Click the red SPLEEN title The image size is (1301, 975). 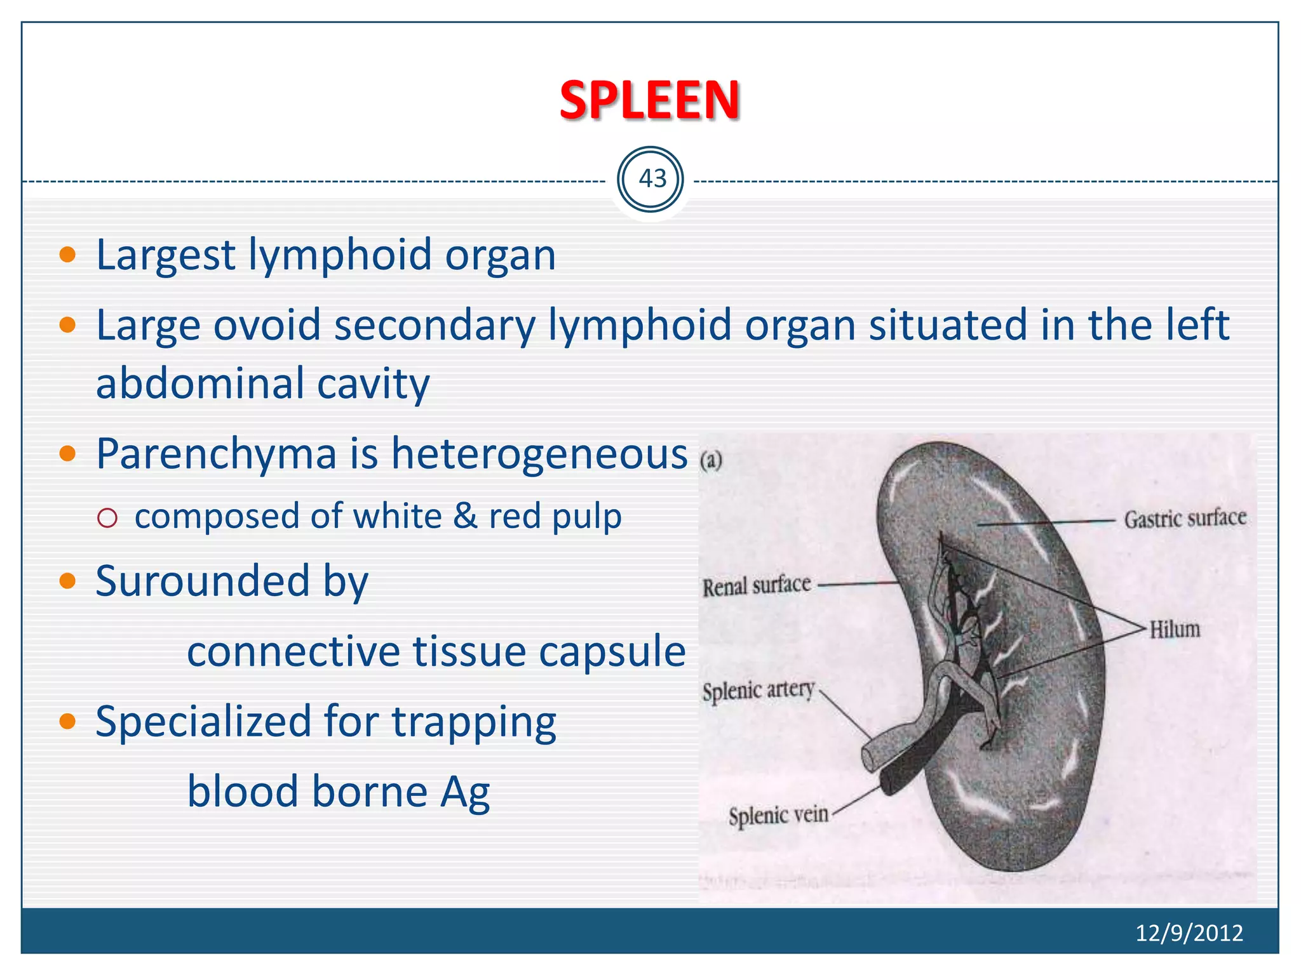pyautogui.click(x=649, y=100)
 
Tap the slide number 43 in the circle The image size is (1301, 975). pyautogui.click(x=652, y=179)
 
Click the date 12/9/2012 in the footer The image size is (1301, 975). pyautogui.click(x=1189, y=932)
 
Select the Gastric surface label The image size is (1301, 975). pyautogui.click(x=1185, y=519)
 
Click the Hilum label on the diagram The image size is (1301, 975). pyautogui.click(x=1175, y=629)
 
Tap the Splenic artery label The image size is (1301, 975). pyautogui.click(x=758, y=690)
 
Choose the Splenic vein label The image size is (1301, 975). pyautogui.click(x=778, y=815)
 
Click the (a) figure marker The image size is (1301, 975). pyautogui.click(x=711, y=460)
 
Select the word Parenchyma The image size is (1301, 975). pyautogui.click(x=216, y=454)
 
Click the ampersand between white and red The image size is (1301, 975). pyautogui.click(x=465, y=515)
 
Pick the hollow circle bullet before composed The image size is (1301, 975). pyautogui.click(x=108, y=518)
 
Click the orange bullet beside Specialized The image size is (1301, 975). pyautogui.click(x=67, y=721)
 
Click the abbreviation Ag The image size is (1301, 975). pyautogui.click(x=465, y=792)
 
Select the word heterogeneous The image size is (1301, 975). pyautogui.click(x=539, y=454)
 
